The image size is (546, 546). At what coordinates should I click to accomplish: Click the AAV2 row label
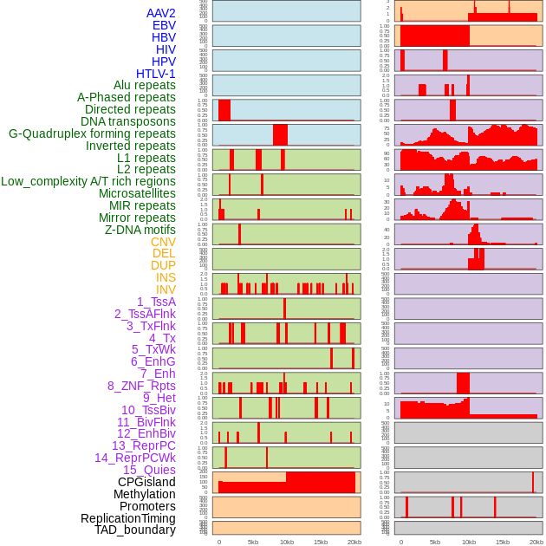(x=160, y=13)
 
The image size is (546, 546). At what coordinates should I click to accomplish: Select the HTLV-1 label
(x=155, y=74)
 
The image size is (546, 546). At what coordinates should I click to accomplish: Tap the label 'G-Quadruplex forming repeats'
(x=92, y=133)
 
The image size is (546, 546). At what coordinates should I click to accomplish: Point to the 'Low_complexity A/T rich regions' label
(x=88, y=181)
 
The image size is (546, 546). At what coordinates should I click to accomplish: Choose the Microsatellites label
(x=137, y=193)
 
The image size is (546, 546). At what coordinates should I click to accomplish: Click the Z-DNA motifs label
(x=140, y=230)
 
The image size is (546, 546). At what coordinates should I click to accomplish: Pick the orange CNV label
(x=163, y=242)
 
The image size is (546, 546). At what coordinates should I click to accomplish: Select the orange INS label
(x=166, y=277)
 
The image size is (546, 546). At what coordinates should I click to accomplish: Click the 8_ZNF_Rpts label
(x=141, y=386)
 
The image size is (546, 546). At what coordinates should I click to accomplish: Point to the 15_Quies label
(x=149, y=470)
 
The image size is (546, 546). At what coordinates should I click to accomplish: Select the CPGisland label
(x=146, y=482)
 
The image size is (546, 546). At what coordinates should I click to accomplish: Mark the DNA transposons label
(x=128, y=121)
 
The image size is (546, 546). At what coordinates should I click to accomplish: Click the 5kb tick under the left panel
(x=253, y=542)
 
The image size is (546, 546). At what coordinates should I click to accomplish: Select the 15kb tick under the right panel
(x=503, y=542)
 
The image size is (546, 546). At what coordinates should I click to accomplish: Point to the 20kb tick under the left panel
(x=354, y=542)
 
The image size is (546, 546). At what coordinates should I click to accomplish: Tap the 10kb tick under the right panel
(x=469, y=542)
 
